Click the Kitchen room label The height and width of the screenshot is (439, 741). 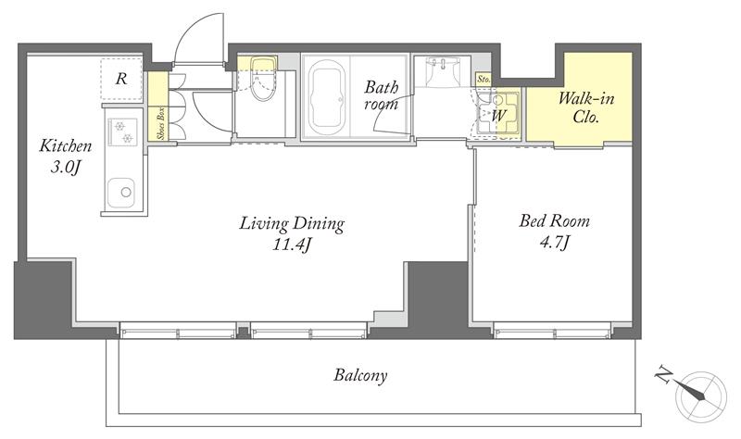(65, 145)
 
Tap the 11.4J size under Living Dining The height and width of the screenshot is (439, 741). (292, 245)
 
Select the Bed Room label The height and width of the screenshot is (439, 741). (554, 221)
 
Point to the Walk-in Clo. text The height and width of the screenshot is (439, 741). (586, 107)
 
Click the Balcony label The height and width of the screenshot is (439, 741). (360, 376)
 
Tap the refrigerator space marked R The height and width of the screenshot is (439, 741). (121, 79)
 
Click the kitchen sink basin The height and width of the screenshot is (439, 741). (120, 193)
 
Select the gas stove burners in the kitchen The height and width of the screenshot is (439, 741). (122, 132)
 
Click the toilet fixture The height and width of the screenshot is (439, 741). (263, 78)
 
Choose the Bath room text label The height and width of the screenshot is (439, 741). (381, 95)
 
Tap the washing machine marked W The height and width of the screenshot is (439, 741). (497, 113)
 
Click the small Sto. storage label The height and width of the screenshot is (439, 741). (484, 80)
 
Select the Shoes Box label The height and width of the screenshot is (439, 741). (161, 124)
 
